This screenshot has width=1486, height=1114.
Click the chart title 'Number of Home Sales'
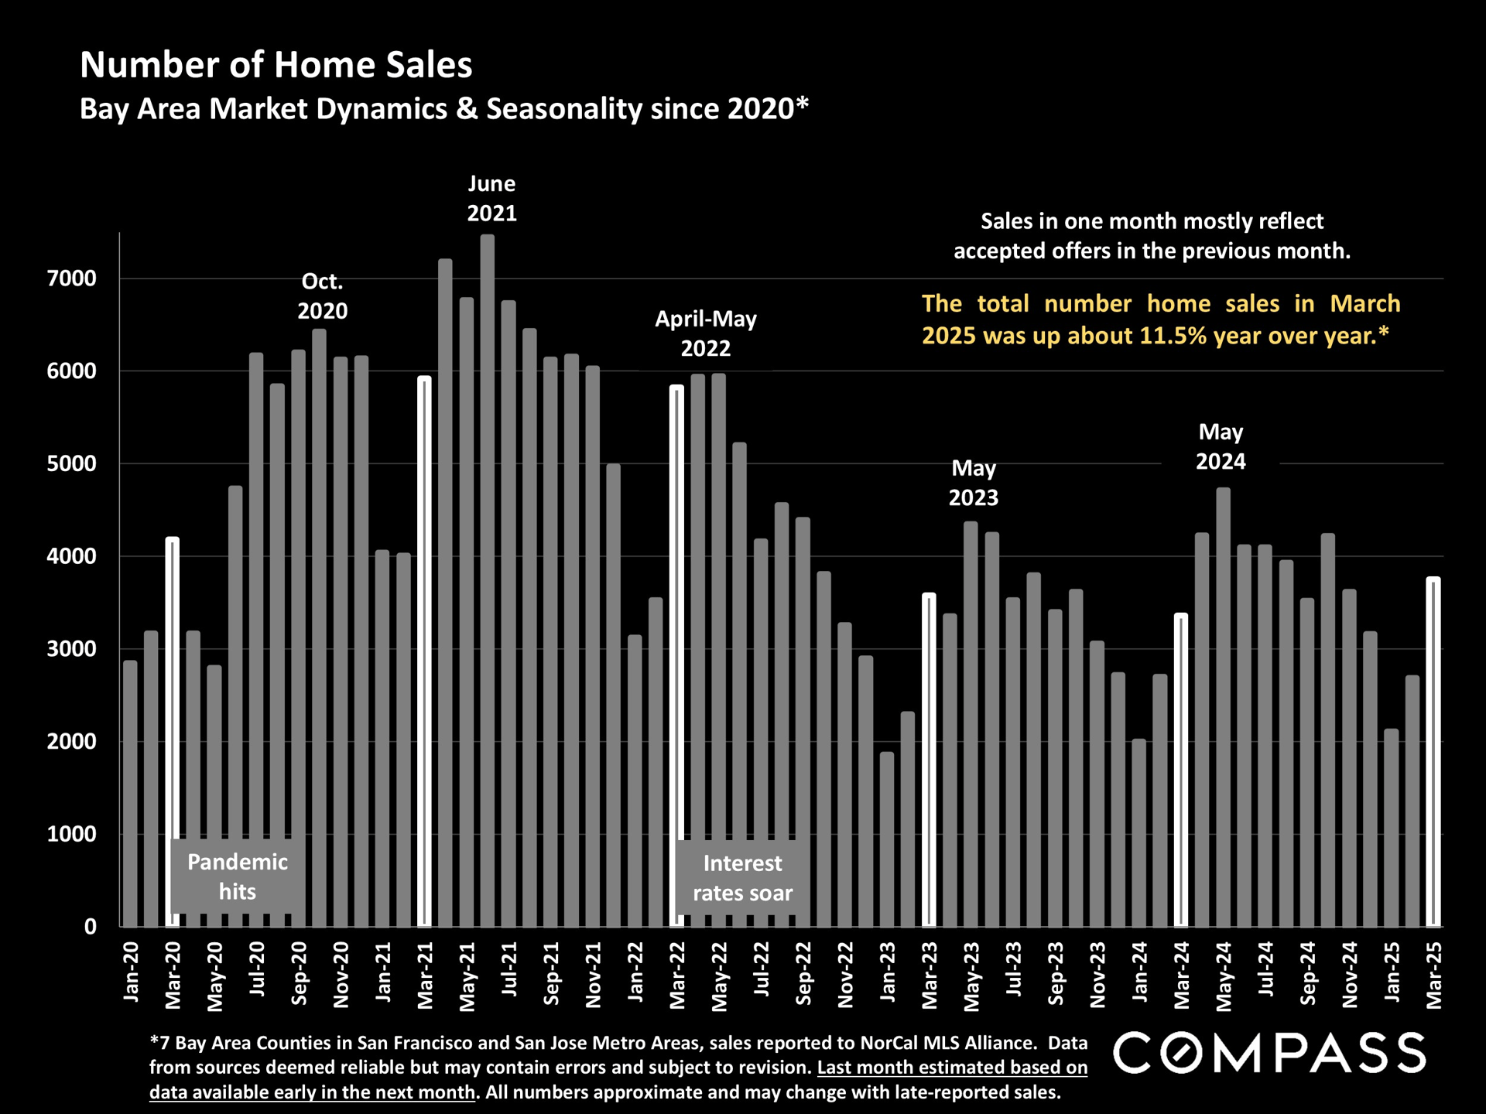(x=276, y=65)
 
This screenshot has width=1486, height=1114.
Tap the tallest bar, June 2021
(x=487, y=580)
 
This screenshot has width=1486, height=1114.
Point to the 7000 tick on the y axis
(x=72, y=278)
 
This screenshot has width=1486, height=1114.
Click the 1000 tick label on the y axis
(x=72, y=834)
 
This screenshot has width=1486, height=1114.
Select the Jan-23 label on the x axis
(x=888, y=972)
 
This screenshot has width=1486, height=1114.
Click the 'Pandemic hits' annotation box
(x=237, y=877)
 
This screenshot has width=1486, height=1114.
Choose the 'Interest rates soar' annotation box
(x=742, y=878)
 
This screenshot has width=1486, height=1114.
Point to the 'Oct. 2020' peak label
(x=322, y=296)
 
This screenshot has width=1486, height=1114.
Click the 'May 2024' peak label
(x=1221, y=446)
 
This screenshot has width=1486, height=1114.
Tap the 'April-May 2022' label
(x=705, y=333)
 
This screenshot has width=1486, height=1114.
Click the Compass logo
(x=1269, y=1053)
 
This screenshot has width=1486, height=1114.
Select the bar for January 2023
(x=887, y=839)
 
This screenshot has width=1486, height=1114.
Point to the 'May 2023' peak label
(x=973, y=483)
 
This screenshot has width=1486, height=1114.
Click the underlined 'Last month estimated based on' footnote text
(x=952, y=1068)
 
